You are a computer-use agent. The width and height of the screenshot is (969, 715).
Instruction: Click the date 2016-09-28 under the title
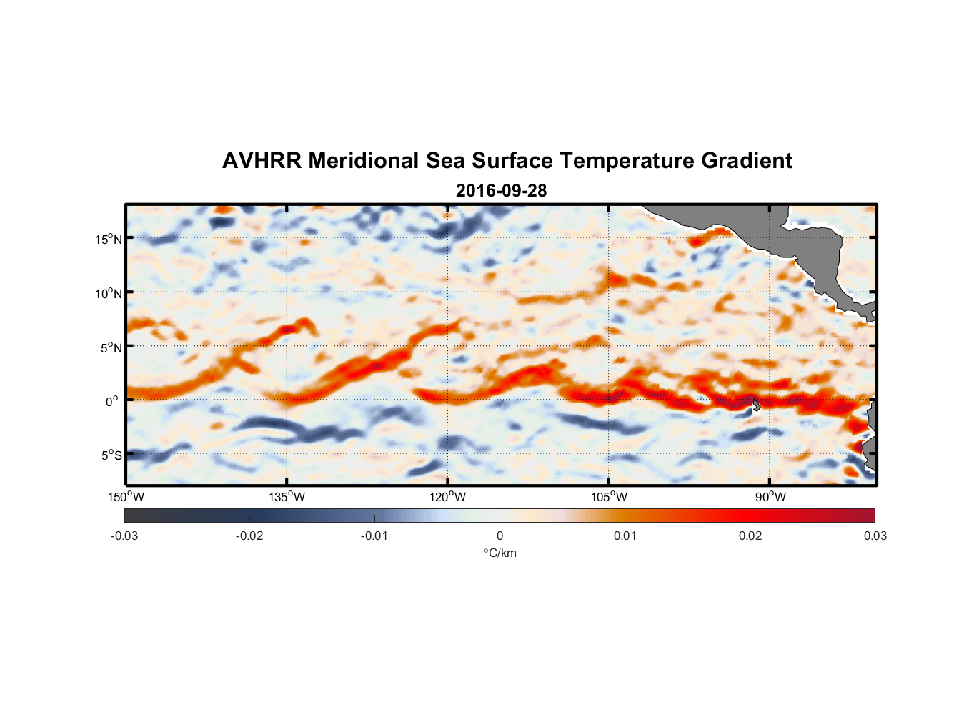coord(501,191)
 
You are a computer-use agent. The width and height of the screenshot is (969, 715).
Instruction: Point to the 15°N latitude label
coord(109,239)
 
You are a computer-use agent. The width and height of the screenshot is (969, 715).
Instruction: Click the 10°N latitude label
coord(109,293)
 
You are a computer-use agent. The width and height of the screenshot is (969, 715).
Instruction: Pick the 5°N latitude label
coord(111,347)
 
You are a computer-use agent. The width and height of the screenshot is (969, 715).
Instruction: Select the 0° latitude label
coord(112,401)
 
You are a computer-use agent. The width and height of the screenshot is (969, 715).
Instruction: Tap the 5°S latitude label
coord(111,455)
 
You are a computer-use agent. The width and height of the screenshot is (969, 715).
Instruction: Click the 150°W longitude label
coord(126,497)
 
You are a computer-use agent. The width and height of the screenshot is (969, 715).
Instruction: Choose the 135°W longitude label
coord(287,497)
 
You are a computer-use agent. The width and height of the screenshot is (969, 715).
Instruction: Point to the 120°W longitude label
coord(447,497)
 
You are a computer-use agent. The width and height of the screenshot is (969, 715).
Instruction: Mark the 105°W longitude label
coord(609,497)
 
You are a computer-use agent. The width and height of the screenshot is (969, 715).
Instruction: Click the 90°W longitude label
coord(770,497)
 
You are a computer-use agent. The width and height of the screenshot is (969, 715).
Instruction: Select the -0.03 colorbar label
coord(124,536)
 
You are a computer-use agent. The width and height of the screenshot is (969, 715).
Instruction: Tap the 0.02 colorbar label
coord(750,536)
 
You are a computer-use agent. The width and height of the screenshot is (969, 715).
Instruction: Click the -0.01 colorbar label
coord(374,536)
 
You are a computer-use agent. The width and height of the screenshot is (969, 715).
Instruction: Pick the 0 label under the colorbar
coord(500,536)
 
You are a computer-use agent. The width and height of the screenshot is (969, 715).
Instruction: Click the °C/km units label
coord(500,553)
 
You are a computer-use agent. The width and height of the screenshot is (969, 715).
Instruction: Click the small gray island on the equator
coord(757,405)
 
